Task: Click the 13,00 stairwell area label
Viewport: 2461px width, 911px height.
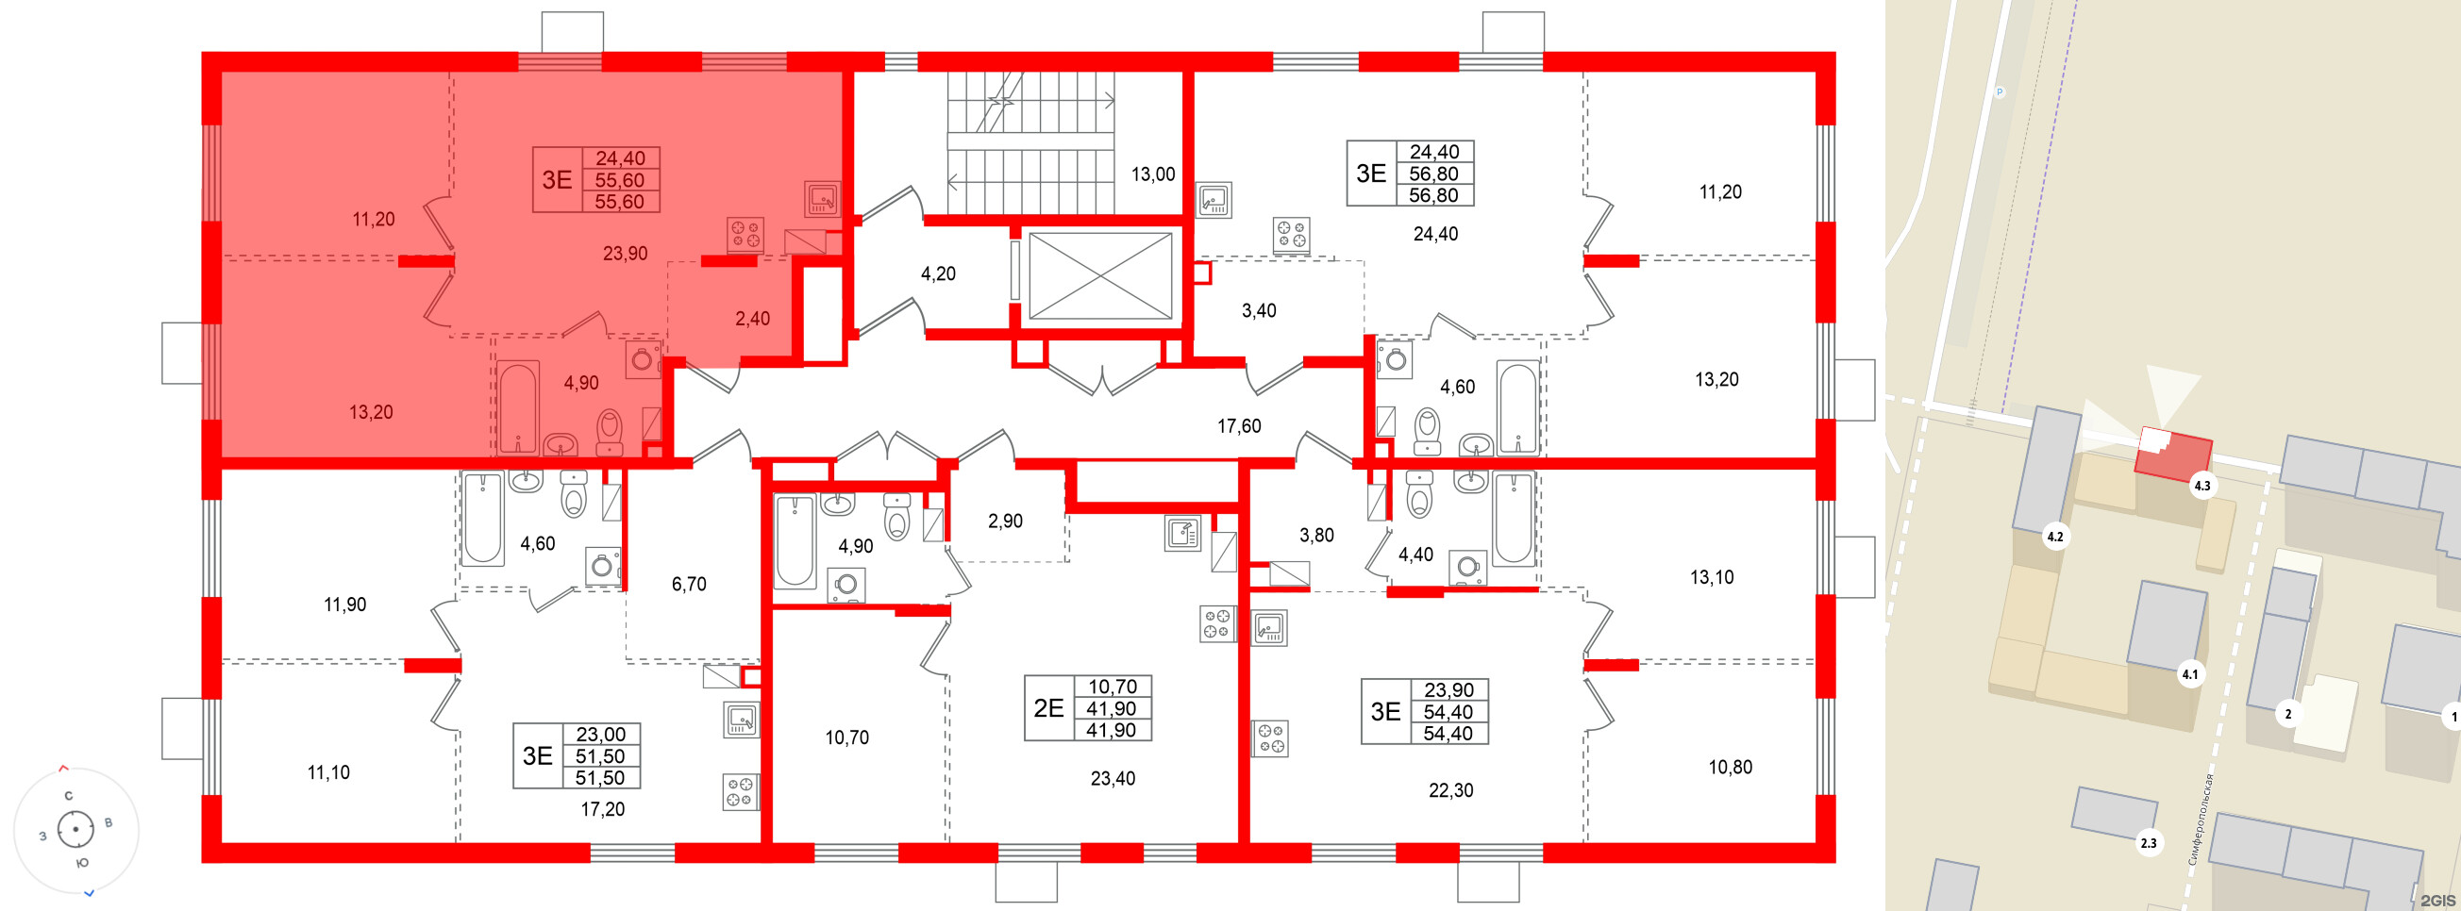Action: tap(1152, 174)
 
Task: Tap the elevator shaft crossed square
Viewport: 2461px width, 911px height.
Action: tap(1099, 276)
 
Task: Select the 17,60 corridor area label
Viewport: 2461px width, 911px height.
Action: tap(1238, 427)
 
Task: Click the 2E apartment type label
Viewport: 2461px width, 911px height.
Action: tap(1048, 707)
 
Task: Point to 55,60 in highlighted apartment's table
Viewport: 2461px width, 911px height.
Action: tap(619, 180)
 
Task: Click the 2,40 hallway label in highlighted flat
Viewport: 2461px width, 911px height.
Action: tap(752, 319)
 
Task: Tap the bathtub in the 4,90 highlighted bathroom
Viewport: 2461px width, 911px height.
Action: tap(518, 406)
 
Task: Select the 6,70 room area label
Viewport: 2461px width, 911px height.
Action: tap(688, 585)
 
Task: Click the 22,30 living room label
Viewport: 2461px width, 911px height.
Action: tap(1450, 790)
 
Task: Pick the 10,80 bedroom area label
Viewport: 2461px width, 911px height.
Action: tap(1729, 768)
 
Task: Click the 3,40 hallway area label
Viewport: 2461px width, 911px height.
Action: tap(1258, 311)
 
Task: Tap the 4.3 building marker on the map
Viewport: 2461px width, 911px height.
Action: tap(2202, 486)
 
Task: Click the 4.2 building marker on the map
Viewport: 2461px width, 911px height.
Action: tap(2054, 537)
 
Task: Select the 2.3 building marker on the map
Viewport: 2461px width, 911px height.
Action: tap(2148, 843)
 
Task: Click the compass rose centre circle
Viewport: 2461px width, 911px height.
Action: tap(75, 829)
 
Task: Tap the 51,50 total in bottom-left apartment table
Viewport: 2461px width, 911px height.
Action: tap(600, 756)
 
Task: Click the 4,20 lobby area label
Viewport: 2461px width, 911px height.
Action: tap(937, 274)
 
